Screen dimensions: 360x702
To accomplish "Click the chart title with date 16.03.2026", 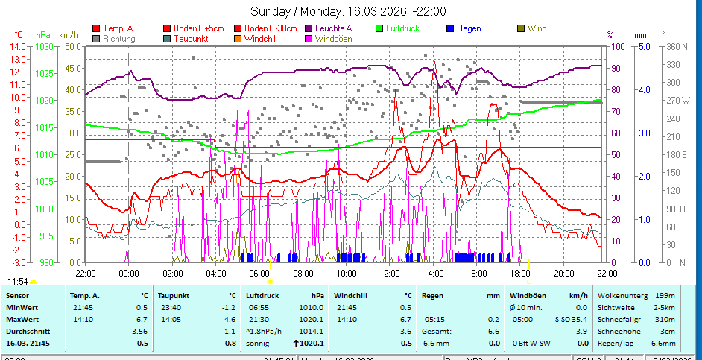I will tap(348, 11).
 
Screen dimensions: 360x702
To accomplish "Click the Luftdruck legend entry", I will tap(402, 28).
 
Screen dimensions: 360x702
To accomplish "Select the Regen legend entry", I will tap(469, 28).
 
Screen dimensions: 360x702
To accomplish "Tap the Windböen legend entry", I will tap(335, 38).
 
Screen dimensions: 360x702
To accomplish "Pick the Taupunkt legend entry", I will tap(190, 38).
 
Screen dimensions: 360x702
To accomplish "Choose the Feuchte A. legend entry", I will tap(334, 28).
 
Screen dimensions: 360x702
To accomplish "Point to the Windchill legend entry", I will tap(262, 38).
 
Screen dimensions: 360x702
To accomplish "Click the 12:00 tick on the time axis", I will tap(390, 274).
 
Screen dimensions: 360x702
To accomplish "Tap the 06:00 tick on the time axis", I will tap(259, 274).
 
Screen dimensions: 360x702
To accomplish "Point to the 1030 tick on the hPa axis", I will tap(44, 46).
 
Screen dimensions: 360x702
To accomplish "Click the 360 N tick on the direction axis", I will tap(677, 46).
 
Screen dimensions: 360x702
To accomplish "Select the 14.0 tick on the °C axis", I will tap(18, 46).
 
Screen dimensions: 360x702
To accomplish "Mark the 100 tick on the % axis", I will tap(618, 46).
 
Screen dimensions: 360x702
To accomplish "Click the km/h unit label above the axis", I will tap(68, 34).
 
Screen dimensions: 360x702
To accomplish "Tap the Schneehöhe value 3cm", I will tap(668, 331).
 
